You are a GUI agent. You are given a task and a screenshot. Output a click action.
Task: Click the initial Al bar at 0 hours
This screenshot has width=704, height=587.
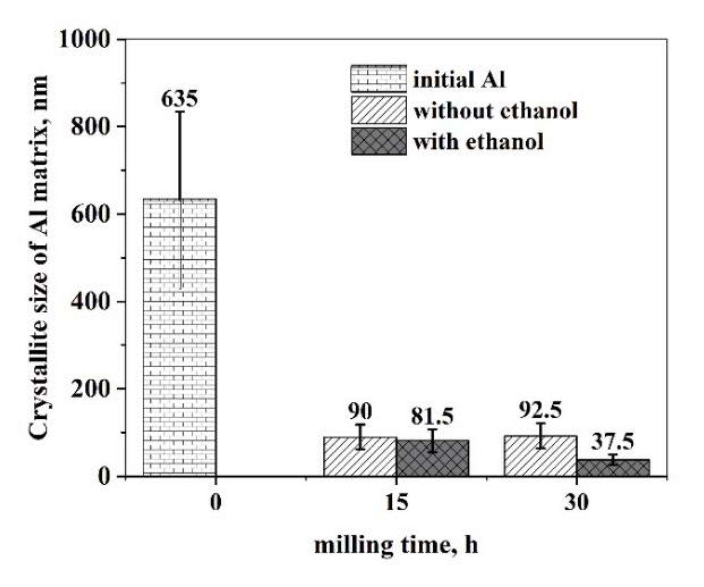coord(179,337)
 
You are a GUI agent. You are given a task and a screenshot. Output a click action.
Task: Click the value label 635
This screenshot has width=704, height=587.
coord(179,99)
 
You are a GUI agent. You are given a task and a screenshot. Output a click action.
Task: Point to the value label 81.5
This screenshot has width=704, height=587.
coord(433,417)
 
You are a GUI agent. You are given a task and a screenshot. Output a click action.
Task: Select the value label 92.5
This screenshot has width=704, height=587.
coord(540,410)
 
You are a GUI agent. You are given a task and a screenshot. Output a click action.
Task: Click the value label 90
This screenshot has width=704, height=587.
coord(360,412)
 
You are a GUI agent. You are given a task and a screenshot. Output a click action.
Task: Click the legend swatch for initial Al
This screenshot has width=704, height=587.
coord(378,78)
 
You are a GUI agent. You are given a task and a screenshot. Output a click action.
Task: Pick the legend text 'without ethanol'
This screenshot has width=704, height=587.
coord(495,111)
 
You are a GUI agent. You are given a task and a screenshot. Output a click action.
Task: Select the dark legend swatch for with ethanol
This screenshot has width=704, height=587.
coord(378,142)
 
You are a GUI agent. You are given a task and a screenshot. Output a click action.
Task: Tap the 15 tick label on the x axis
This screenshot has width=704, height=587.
coord(396,502)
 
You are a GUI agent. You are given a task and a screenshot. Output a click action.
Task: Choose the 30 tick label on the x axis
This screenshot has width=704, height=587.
coord(577,502)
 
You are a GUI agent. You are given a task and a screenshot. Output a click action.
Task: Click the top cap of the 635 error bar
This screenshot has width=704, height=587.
coord(180,112)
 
